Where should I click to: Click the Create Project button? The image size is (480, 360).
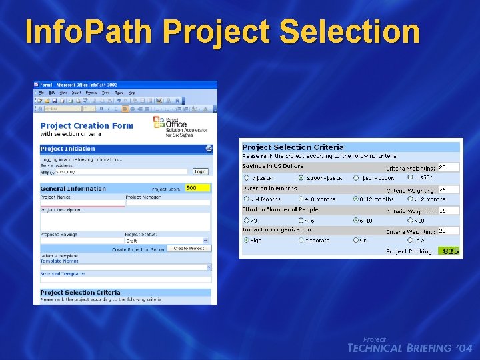pyautogui.click(x=189, y=248)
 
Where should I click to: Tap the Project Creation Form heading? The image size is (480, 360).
pyautogui.click(x=87, y=125)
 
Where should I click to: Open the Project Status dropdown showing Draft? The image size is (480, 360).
pyautogui.click(x=167, y=241)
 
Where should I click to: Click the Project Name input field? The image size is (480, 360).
pyautogui.click(x=81, y=203)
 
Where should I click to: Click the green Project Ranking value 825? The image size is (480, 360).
pyautogui.click(x=450, y=251)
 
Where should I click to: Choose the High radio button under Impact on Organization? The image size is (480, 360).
pyautogui.click(x=246, y=240)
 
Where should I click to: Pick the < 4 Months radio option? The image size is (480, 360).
pyautogui.click(x=246, y=199)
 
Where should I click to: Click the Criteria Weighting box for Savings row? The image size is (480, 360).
pyautogui.click(x=449, y=167)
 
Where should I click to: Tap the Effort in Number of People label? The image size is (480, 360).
pyautogui.click(x=280, y=209)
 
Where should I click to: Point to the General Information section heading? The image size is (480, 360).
pyautogui.click(x=73, y=189)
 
